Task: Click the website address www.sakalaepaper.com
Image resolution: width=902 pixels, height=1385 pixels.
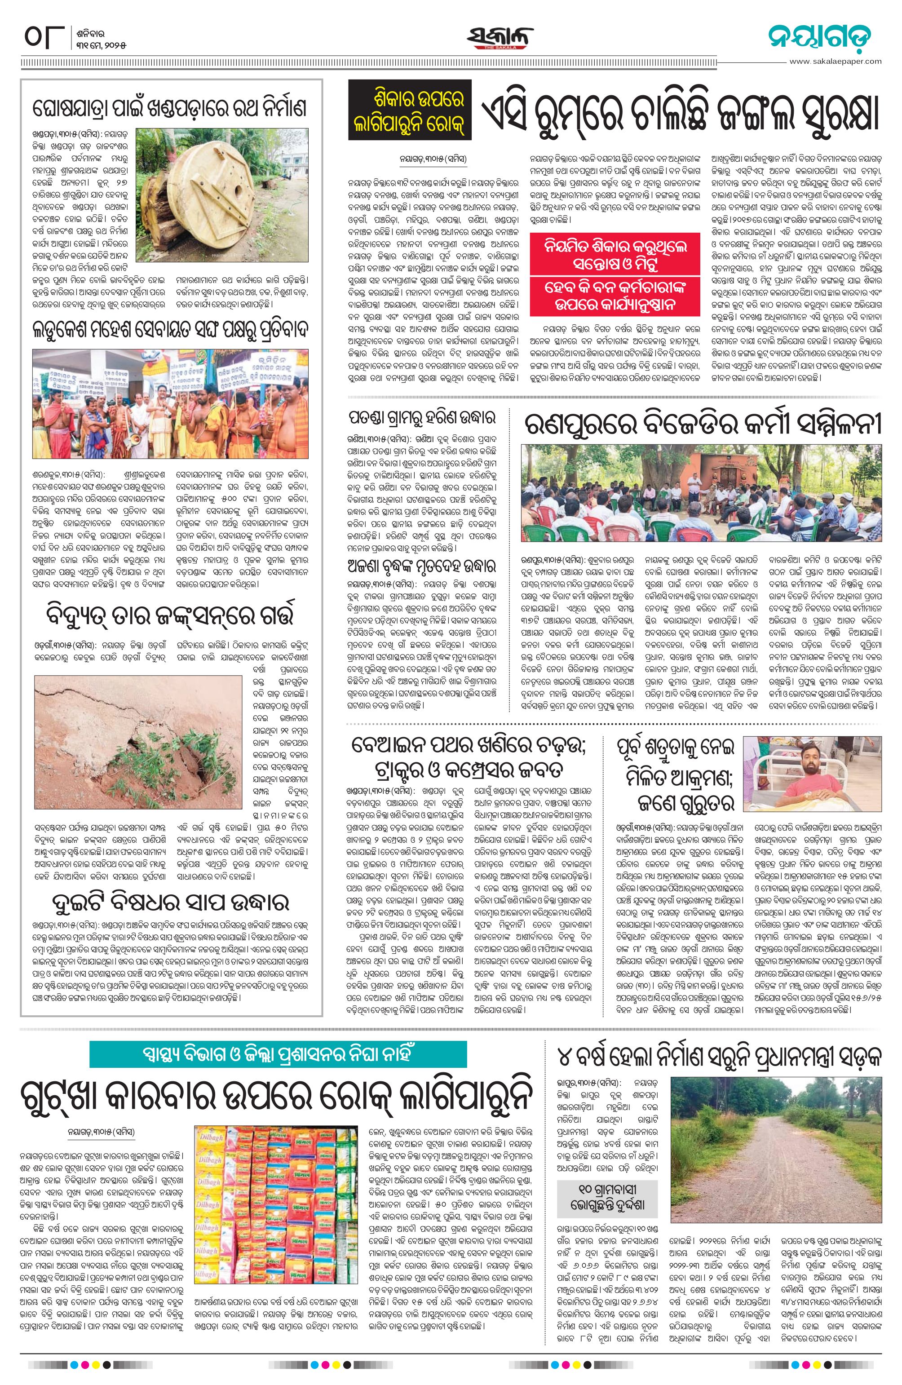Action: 835,61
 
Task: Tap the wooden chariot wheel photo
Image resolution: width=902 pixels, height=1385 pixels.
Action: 222,195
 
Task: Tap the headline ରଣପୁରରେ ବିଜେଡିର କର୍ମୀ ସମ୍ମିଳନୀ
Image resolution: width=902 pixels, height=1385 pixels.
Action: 703,425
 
